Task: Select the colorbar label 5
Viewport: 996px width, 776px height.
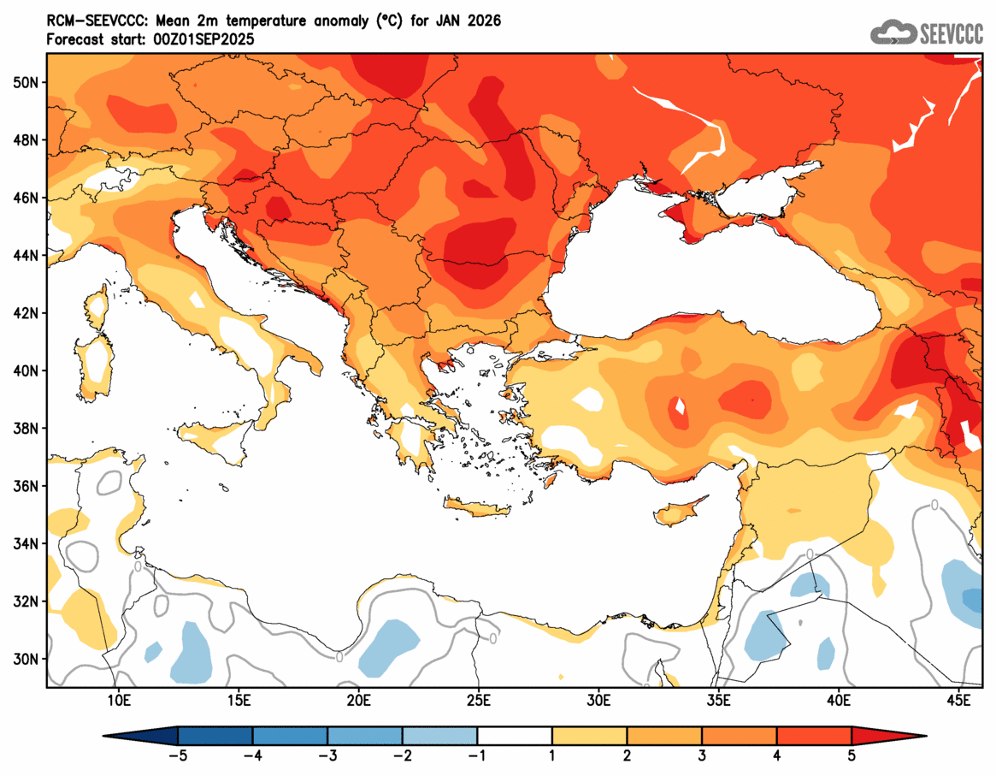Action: point(852,755)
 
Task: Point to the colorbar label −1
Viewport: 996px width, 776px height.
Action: point(477,755)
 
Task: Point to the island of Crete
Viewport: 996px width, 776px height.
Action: point(477,510)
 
